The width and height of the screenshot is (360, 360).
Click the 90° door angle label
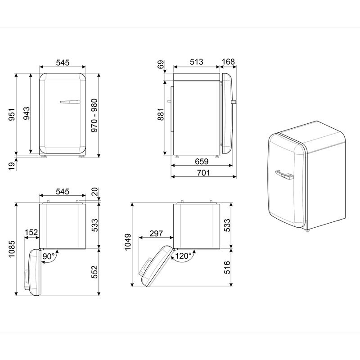49,256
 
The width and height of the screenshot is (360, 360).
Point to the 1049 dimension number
128,243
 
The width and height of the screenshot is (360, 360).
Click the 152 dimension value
31,232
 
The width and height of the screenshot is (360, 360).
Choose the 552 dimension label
95,272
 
